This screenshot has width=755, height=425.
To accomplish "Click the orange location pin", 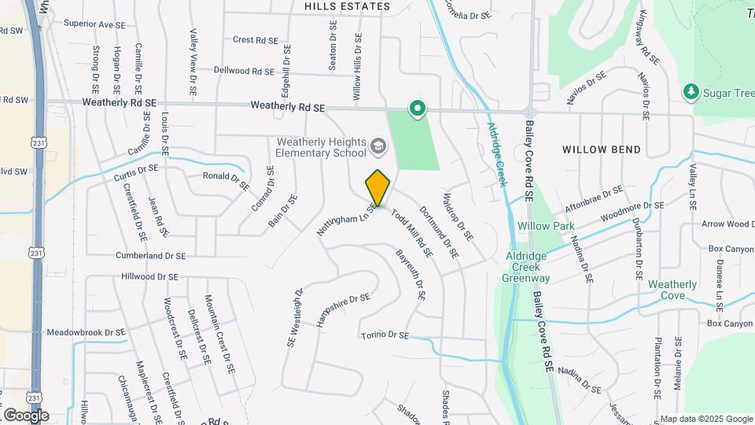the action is [x=378, y=187].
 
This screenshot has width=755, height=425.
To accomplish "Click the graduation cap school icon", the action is [x=378, y=146].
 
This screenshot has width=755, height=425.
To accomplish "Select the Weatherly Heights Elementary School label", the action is [x=321, y=147].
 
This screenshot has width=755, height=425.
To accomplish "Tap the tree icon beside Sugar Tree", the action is [x=691, y=92].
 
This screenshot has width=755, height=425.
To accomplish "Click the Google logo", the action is [x=26, y=415].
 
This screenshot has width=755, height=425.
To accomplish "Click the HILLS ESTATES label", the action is [x=348, y=6].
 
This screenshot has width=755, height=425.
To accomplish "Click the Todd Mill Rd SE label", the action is [x=411, y=234].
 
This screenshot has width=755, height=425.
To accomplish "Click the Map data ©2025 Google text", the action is [x=705, y=419].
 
